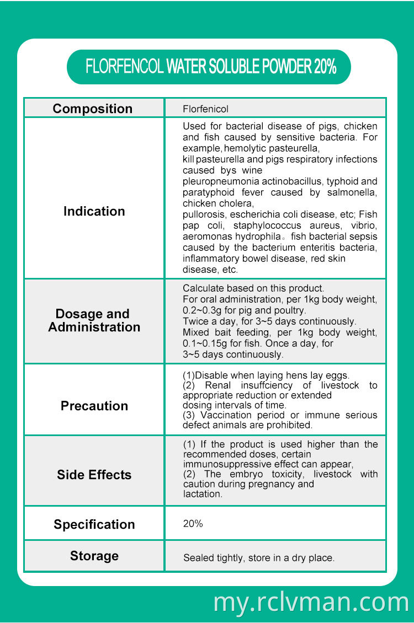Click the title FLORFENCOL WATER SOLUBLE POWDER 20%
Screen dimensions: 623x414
[210, 67]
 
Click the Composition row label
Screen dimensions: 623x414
[93, 109]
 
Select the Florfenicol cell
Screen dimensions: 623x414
[205, 109]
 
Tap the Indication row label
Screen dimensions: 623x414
[94, 211]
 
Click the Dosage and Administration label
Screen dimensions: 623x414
[94, 320]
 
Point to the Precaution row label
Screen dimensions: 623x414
[94, 406]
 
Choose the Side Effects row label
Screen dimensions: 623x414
[94, 475]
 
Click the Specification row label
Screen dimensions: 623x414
[94, 524]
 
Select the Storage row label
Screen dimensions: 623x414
[94, 556]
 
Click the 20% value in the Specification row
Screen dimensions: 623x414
[193, 524]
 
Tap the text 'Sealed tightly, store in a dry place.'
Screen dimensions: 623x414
[259, 558]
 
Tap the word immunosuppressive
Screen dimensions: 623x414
[223, 464]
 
